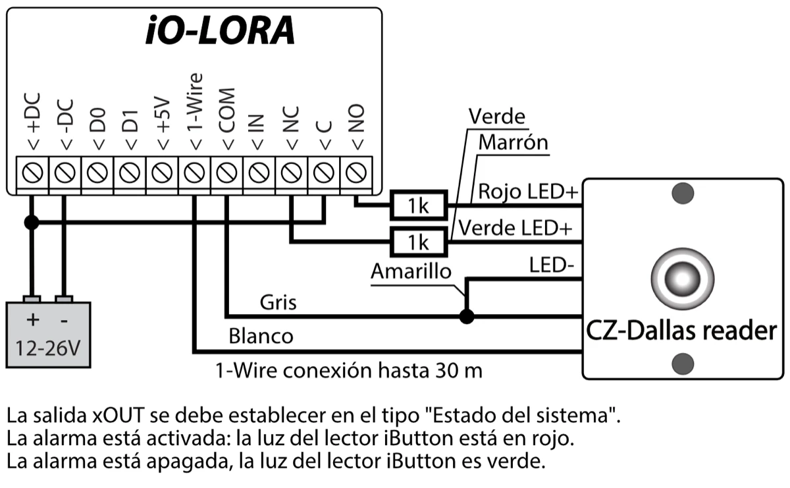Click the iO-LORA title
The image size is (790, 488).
[x=220, y=32]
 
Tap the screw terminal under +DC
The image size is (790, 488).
[x=32, y=173]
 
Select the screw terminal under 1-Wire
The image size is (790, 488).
[x=193, y=173]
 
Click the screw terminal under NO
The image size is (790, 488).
[x=356, y=173]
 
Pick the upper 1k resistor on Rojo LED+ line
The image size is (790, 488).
[x=418, y=206]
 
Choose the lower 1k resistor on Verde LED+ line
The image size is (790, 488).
[x=418, y=242]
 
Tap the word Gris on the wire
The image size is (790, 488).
[x=278, y=302]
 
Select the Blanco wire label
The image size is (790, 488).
[x=261, y=336]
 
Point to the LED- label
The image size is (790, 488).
[x=552, y=266]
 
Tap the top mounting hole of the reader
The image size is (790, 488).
[x=682, y=193]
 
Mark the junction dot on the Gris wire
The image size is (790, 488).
[x=466, y=317]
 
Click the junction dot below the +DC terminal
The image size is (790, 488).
[x=30, y=223]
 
